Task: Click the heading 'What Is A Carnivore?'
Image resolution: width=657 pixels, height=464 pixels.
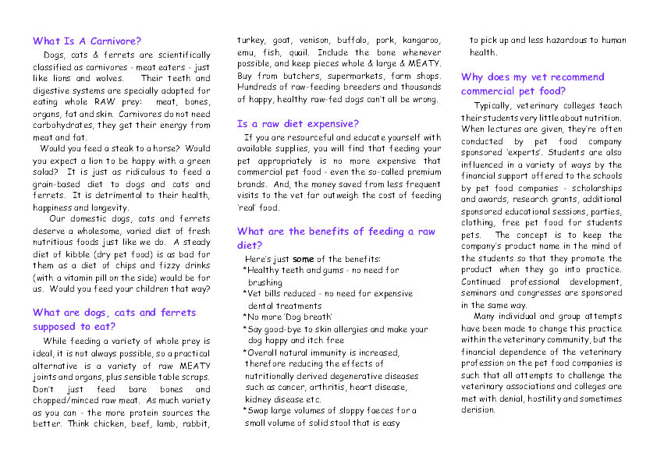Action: click(87, 41)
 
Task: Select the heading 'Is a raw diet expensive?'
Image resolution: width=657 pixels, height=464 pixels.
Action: click(297, 124)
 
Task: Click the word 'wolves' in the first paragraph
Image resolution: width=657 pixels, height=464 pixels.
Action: click(109, 79)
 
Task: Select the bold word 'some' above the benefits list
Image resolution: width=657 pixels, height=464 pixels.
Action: click(304, 259)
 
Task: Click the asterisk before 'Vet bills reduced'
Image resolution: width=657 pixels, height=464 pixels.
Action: click(245, 295)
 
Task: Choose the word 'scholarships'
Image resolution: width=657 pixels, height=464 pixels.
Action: click(595, 188)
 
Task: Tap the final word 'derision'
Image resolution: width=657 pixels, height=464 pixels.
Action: click(478, 410)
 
